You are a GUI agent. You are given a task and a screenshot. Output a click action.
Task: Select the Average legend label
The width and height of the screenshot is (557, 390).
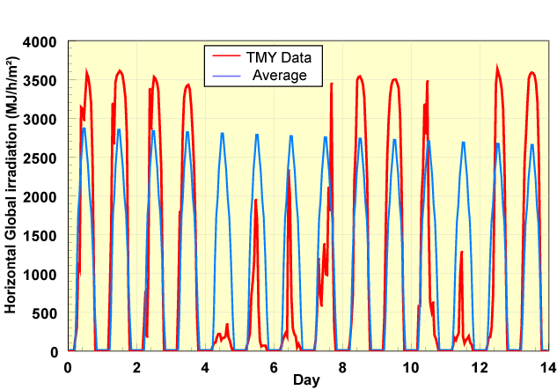tap(279, 75)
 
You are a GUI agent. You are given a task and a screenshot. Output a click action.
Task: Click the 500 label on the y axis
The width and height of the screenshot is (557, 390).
tap(46, 313)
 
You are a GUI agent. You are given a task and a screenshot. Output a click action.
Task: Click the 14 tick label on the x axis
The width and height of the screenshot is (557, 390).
tap(547, 367)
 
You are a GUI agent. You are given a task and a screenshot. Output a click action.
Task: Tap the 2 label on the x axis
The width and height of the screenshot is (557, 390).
tap(137, 367)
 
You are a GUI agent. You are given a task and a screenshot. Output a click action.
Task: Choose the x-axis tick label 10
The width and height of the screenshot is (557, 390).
tap(411, 367)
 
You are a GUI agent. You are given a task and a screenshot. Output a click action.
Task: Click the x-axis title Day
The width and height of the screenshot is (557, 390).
tap(307, 381)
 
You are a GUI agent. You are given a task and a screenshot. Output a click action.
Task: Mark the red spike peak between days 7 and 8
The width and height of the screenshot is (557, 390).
tap(332, 84)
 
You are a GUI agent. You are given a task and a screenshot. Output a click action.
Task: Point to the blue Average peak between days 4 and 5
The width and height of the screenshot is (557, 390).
tap(222, 133)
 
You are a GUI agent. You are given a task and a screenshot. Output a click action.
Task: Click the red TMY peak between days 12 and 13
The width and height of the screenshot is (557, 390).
tap(497, 67)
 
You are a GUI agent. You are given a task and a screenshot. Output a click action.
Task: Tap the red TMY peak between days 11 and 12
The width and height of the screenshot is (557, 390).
tap(461, 253)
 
